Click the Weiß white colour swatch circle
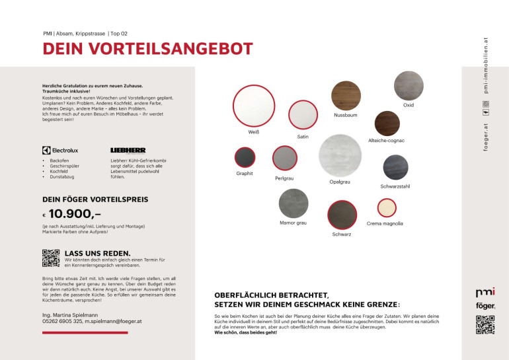[253, 106]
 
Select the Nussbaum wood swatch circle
[346, 94]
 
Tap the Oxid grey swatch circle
[409, 85]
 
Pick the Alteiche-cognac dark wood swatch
[387, 124]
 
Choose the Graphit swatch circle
[245, 157]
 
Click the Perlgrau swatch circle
[284, 159]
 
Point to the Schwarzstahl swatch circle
[395, 168]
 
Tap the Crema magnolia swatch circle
[386, 208]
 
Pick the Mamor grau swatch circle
[294, 203]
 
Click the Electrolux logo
[60, 150]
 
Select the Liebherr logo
[128, 150]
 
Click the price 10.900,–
[75, 213]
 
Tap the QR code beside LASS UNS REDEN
[51, 258]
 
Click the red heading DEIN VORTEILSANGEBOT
[147, 49]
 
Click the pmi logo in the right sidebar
[485, 292]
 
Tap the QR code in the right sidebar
[485, 324]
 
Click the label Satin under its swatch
[303, 137]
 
